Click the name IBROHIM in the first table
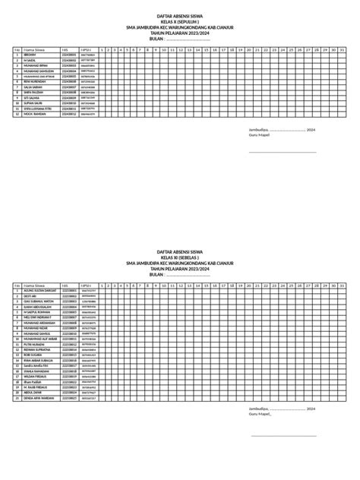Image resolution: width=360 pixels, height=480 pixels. [x=30, y=55]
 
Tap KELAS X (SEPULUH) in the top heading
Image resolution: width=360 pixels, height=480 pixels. [x=180, y=24]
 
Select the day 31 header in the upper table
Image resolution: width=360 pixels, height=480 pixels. [x=342, y=50]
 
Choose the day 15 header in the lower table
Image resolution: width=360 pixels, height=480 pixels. [x=204, y=285]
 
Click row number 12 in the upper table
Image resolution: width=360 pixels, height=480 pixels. [x=17, y=115]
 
